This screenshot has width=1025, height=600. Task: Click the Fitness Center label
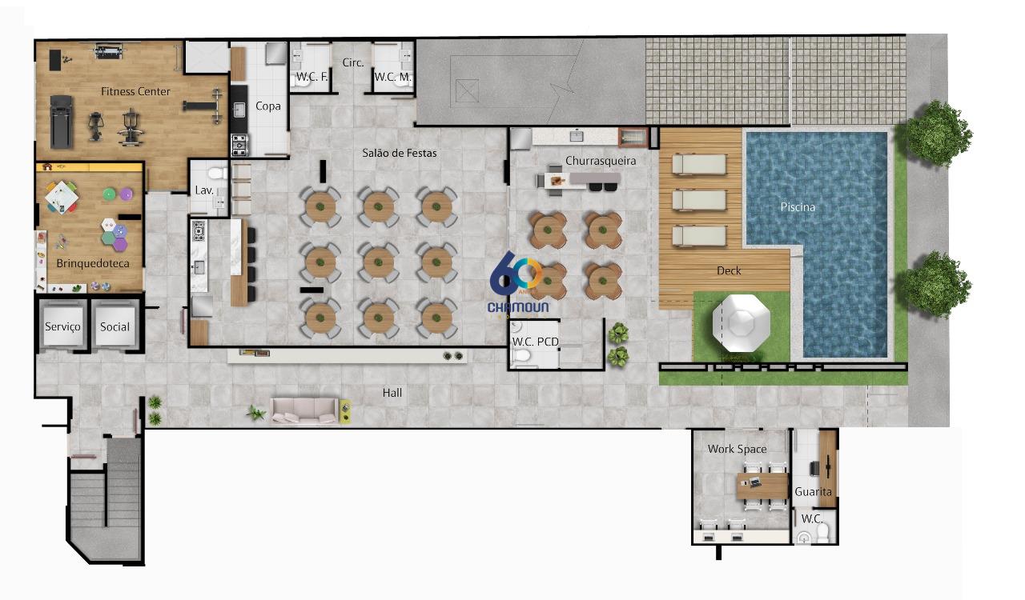(x=135, y=91)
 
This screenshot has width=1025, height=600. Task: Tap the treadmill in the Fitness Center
(x=62, y=122)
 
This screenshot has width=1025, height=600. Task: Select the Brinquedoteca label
(x=93, y=263)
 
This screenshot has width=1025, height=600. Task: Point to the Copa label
(x=268, y=106)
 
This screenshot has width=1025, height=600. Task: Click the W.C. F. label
(x=312, y=77)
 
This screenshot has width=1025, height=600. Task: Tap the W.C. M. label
(x=393, y=77)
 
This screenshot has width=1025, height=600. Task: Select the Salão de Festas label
(x=400, y=154)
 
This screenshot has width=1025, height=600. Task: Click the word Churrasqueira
(x=601, y=161)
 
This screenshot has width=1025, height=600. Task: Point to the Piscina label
(x=798, y=207)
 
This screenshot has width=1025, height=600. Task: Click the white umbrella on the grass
(x=742, y=323)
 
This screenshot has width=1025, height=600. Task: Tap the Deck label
(x=729, y=270)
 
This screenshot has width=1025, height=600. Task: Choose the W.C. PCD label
(x=536, y=342)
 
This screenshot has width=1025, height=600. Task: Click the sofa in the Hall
(x=304, y=411)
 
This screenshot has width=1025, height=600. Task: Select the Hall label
(x=392, y=393)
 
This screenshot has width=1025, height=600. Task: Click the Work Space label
(x=738, y=449)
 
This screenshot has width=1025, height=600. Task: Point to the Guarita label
(x=813, y=492)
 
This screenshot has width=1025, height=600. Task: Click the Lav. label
(x=204, y=190)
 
